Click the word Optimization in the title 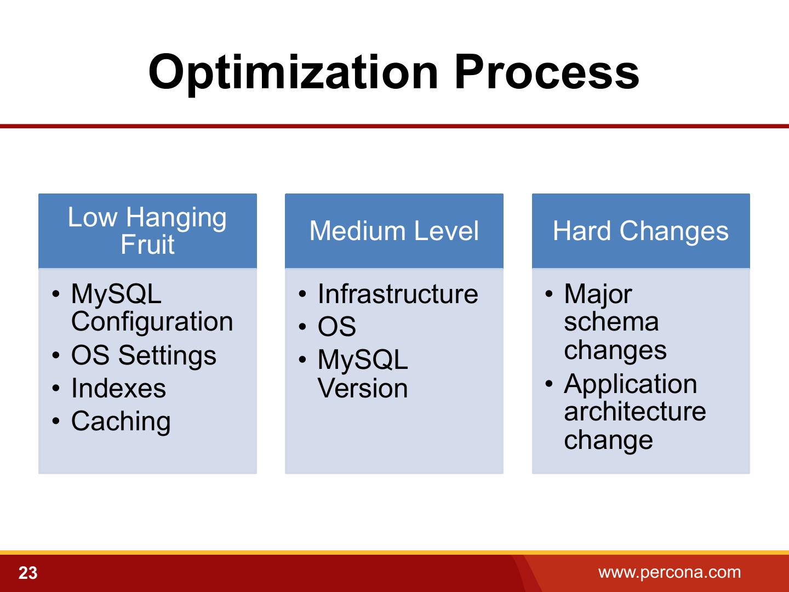pyautogui.click(x=293, y=73)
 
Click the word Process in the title pyautogui.click(x=547, y=71)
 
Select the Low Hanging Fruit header pyautogui.click(x=147, y=231)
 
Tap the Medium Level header pyautogui.click(x=394, y=231)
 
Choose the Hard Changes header pyautogui.click(x=641, y=231)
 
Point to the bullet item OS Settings pyautogui.click(x=144, y=356)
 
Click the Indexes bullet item pyautogui.click(x=118, y=388)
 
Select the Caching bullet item pyautogui.click(x=121, y=422)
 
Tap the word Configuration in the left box pyautogui.click(x=152, y=322)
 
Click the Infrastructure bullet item pyautogui.click(x=398, y=294)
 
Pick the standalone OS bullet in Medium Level pyautogui.click(x=337, y=327)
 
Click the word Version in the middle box pyautogui.click(x=363, y=388)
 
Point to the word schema pyautogui.click(x=611, y=322)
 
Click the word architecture pyautogui.click(x=635, y=412)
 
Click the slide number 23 pyautogui.click(x=28, y=573)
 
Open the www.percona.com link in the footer pyautogui.click(x=670, y=572)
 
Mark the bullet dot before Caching pyautogui.click(x=56, y=420)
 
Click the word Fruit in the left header pyautogui.click(x=147, y=244)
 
